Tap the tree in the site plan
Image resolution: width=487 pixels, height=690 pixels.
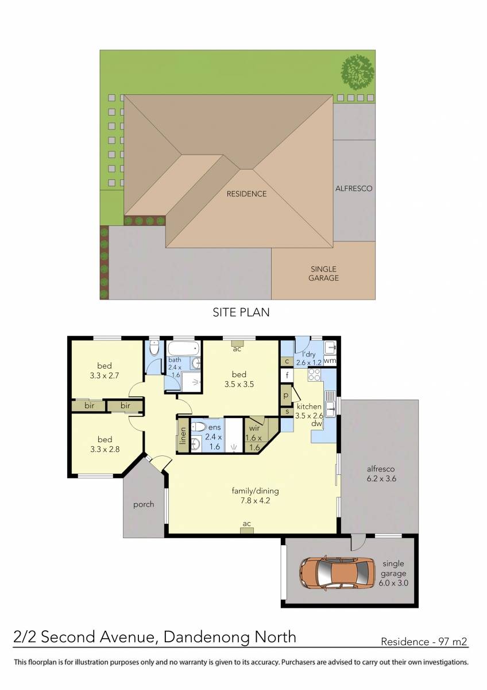(357, 72)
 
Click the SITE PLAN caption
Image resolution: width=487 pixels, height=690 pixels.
(241, 312)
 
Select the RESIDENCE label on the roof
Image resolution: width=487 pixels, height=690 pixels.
(246, 194)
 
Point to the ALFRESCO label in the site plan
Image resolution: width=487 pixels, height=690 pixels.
(354, 188)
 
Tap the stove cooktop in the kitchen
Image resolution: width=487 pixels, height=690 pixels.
(314, 375)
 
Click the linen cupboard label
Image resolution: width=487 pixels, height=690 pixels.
(183, 436)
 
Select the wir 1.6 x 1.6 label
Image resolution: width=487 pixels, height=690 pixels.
(253, 438)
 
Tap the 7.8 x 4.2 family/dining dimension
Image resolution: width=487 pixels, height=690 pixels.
(256, 501)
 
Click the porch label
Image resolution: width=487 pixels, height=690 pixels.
(144, 505)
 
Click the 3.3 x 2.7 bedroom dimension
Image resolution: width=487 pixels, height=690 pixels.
(105, 375)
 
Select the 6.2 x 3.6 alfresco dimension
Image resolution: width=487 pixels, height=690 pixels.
(381, 478)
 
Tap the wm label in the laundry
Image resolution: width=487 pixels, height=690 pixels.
(330, 360)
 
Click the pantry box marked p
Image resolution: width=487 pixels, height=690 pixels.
(286, 395)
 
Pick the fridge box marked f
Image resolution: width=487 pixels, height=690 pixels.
(287, 375)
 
